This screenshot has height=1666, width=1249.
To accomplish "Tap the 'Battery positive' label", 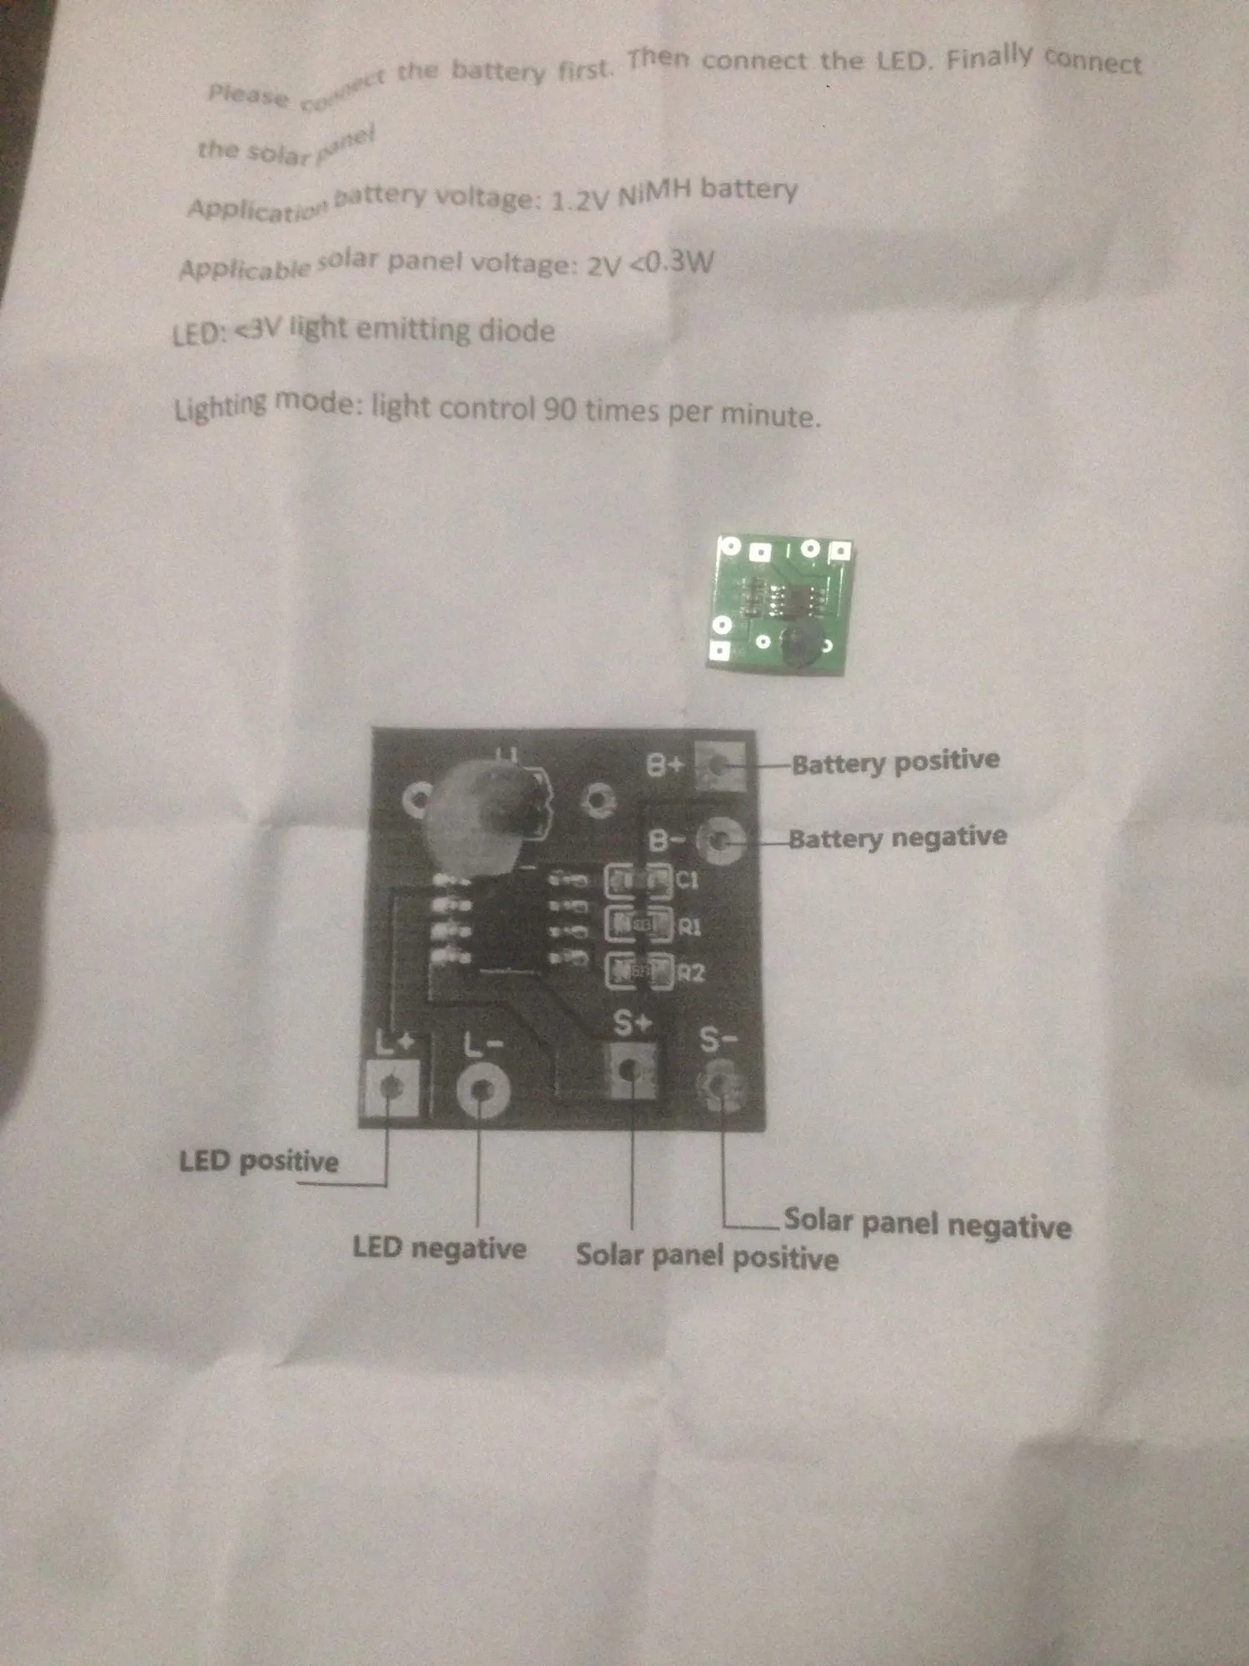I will pos(895,761).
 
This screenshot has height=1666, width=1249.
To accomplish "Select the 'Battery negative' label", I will pos(898,837).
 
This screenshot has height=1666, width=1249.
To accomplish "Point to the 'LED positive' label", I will pos(259,1161).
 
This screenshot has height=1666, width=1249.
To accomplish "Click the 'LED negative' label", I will pos(440,1248).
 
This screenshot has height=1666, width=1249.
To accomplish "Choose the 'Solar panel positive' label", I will pos(707,1256).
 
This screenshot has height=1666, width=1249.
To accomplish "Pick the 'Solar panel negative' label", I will pos(927,1224).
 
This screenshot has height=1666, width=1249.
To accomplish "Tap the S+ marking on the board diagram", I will pos(632,1023).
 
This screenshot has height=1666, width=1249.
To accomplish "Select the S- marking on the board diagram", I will pos(718,1039).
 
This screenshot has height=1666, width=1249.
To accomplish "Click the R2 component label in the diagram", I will pos(691,972).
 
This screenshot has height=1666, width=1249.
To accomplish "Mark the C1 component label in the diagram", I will pos(688,880).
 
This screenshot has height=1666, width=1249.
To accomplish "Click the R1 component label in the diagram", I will pos(690,926).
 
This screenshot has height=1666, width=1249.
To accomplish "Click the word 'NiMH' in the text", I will pos(654,193).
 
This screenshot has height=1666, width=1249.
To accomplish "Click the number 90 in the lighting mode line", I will pos(560,409).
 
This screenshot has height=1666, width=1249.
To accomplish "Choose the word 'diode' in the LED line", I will pos(516,331).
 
